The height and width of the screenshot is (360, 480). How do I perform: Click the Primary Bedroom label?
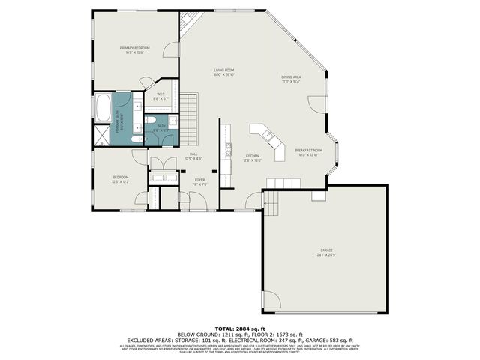(135, 48)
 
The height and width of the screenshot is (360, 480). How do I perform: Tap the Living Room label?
(223, 70)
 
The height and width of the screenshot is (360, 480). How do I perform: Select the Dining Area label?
(291, 77)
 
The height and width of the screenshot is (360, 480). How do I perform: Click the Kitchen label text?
(251, 156)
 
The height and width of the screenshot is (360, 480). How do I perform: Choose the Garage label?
(326, 250)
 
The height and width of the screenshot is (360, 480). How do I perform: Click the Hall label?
(193, 154)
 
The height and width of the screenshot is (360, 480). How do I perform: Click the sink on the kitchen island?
(265, 135)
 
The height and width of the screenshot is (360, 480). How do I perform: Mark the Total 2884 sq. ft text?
(240, 328)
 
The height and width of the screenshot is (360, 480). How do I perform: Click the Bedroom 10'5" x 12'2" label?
(121, 179)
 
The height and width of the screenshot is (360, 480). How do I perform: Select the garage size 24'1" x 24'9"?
(326, 255)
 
